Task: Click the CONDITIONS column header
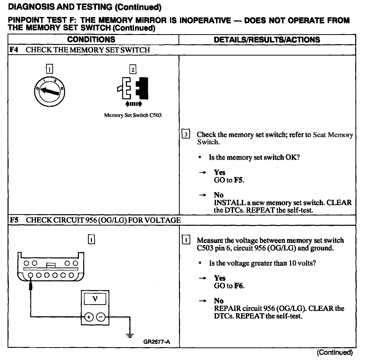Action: click(x=91, y=39)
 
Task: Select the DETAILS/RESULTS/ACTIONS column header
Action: click(x=267, y=40)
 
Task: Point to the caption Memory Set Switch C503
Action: click(x=133, y=115)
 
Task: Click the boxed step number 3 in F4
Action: click(x=186, y=134)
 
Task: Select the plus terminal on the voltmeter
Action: click(x=89, y=317)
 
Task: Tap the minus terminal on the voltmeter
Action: click(x=101, y=317)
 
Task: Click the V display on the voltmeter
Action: click(x=95, y=299)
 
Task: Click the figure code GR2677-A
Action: click(x=157, y=342)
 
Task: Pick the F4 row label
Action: click(x=14, y=50)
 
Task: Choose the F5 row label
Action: click(x=14, y=220)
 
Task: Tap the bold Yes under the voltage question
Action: click(x=220, y=278)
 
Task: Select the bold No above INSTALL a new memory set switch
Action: click(x=219, y=195)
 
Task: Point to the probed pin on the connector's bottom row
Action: click(x=31, y=275)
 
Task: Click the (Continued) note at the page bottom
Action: click(x=335, y=352)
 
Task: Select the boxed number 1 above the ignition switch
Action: click(x=50, y=69)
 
